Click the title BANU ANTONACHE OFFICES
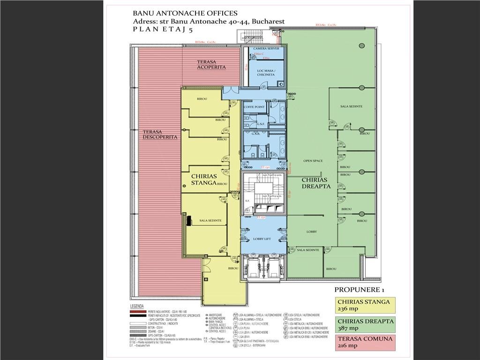(185, 13)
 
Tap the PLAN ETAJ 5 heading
(162, 30)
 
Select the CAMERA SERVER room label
(266, 49)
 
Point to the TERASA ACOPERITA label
(211, 65)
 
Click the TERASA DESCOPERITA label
(160, 135)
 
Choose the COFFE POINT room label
(254, 107)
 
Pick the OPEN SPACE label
(313, 161)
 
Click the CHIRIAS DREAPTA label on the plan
(316, 183)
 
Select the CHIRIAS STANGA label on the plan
(204, 180)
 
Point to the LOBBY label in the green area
(312, 232)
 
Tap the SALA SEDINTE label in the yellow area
(210, 220)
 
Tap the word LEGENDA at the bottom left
(140, 306)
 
